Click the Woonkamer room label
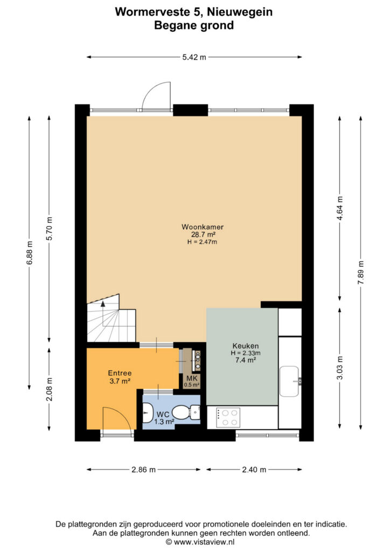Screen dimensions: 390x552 point(202,227)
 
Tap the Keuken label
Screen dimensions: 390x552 point(246,346)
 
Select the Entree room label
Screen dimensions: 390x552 point(120,373)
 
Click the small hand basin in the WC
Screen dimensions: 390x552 point(148,412)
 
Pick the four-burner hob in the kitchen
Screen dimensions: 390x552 point(228,418)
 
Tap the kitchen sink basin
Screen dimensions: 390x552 point(289,381)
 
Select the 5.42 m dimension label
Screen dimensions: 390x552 point(194,57)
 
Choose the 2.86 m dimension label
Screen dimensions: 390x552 point(143,470)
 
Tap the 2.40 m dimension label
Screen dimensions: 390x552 point(254,470)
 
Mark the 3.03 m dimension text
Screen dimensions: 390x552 point(340,368)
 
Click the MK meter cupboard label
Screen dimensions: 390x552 point(192,378)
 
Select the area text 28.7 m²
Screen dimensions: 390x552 point(203,234)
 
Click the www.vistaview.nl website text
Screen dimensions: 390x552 point(204,542)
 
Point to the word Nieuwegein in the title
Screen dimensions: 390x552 point(240,12)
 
